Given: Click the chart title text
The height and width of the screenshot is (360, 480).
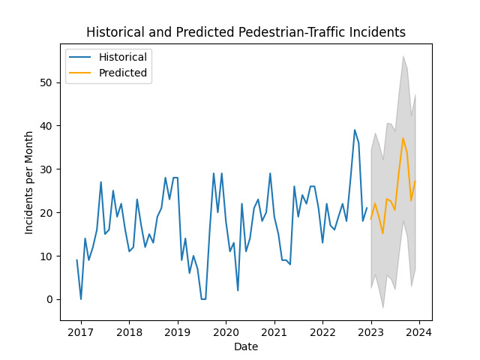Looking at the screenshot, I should click(246, 32).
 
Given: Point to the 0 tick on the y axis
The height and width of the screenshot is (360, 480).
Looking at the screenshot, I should click(52, 299).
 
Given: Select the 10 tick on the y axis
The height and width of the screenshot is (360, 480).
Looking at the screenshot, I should click(49, 256).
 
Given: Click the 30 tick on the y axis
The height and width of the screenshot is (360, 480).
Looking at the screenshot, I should click(49, 169).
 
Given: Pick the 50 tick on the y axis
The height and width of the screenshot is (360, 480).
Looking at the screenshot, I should click(49, 82).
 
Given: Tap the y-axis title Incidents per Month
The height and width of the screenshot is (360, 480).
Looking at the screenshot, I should click(29, 182).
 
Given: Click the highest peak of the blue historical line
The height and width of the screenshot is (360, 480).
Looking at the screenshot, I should click(355, 130).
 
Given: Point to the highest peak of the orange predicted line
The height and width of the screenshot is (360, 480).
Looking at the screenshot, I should click(403, 138).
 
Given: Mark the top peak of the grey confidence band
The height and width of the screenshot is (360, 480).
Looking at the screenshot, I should click(403, 56).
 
